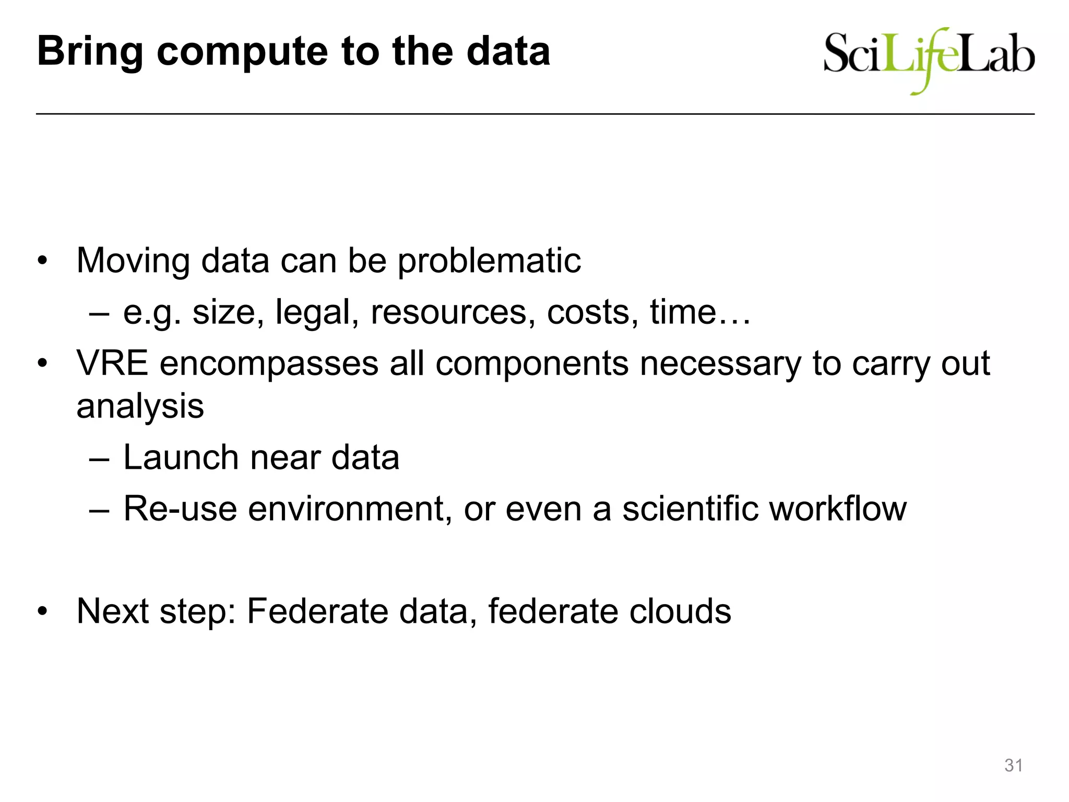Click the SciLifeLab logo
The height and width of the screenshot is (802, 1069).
pyautogui.click(x=929, y=58)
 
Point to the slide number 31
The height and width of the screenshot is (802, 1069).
pyautogui.click(x=1013, y=765)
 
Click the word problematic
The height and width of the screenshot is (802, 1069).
pyautogui.click(x=489, y=261)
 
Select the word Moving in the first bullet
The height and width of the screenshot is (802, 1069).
pyautogui.click(x=133, y=261)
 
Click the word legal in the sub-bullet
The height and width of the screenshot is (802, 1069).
pyautogui.click(x=316, y=312)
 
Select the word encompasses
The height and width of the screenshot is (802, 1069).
pyautogui.click(x=269, y=363)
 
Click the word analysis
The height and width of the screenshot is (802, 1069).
pyautogui.click(x=140, y=406)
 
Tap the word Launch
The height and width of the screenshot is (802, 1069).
pyautogui.click(x=181, y=457)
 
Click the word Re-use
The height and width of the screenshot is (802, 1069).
pyautogui.click(x=180, y=509)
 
